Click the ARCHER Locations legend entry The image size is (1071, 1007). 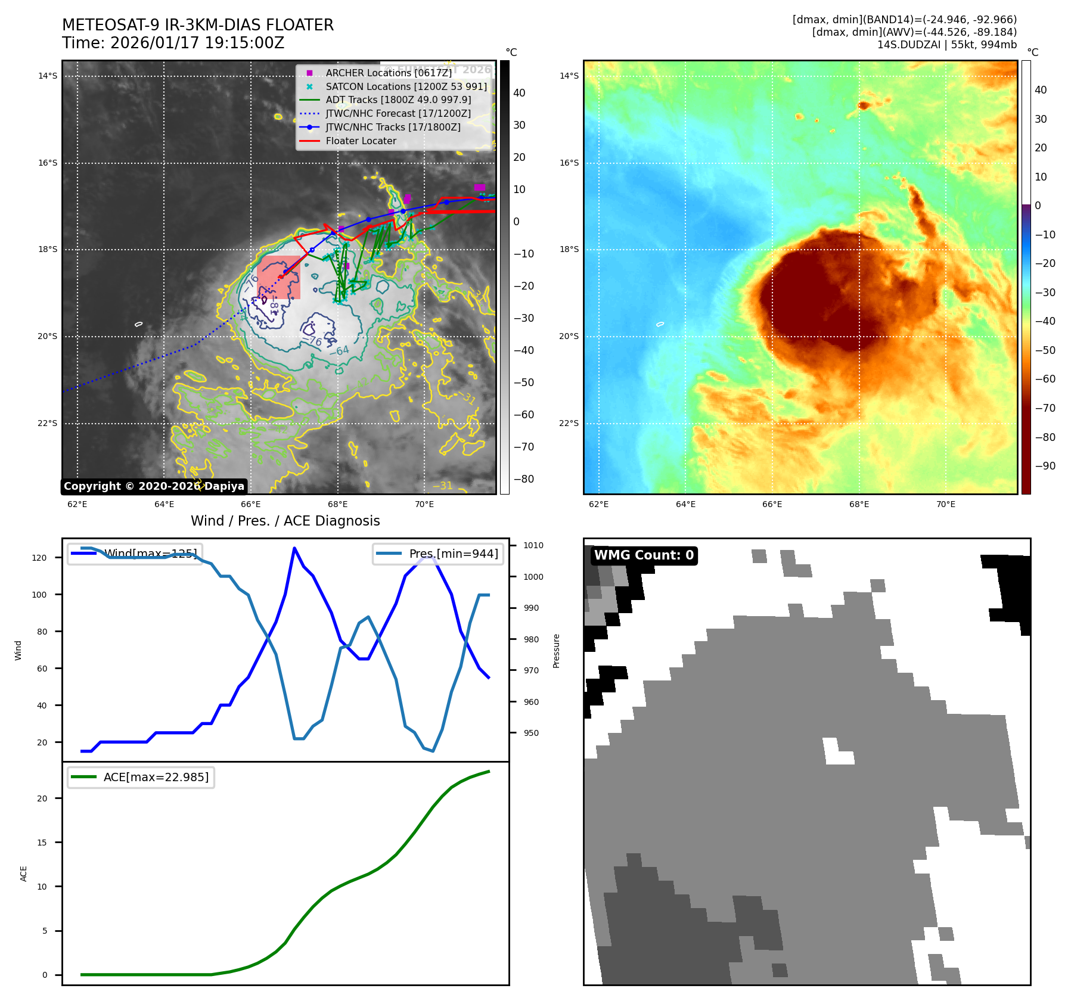pyautogui.click(x=389, y=73)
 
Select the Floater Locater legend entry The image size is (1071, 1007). pyautogui.click(x=361, y=141)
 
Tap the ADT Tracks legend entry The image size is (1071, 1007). pyautogui.click(x=398, y=100)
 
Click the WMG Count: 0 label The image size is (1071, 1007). pyautogui.click(x=644, y=555)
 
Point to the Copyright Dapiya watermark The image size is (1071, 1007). pyautogui.click(x=154, y=486)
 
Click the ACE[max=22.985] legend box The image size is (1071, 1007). pyautogui.click(x=141, y=777)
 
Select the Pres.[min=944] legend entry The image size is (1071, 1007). pyautogui.click(x=438, y=554)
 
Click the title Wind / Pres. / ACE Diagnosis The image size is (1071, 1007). pyautogui.click(x=285, y=521)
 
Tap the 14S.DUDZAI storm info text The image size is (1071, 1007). pyautogui.click(x=946, y=45)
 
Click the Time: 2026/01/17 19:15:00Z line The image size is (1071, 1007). pyautogui.click(x=173, y=43)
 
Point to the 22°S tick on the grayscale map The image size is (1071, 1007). pyautogui.click(x=48, y=424)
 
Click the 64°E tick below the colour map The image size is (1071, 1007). pyautogui.click(x=685, y=504)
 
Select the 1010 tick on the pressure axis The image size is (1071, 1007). pyautogui.click(x=533, y=545)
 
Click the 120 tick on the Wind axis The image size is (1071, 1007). pyautogui.click(x=39, y=558)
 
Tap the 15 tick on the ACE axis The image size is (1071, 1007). pyautogui.click(x=42, y=843)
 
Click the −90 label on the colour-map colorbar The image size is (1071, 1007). pyautogui.click(x=1045, y=466)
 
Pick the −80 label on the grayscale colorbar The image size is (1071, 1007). pyautogui.click(x=524, y=479)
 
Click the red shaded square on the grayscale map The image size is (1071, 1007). pyautogui.click(x=279, y=277)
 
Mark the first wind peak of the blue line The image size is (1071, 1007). pyautogui.click(x=294, y=548)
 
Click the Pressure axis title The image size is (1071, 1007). pyautogui.click(x=556, y=651)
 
